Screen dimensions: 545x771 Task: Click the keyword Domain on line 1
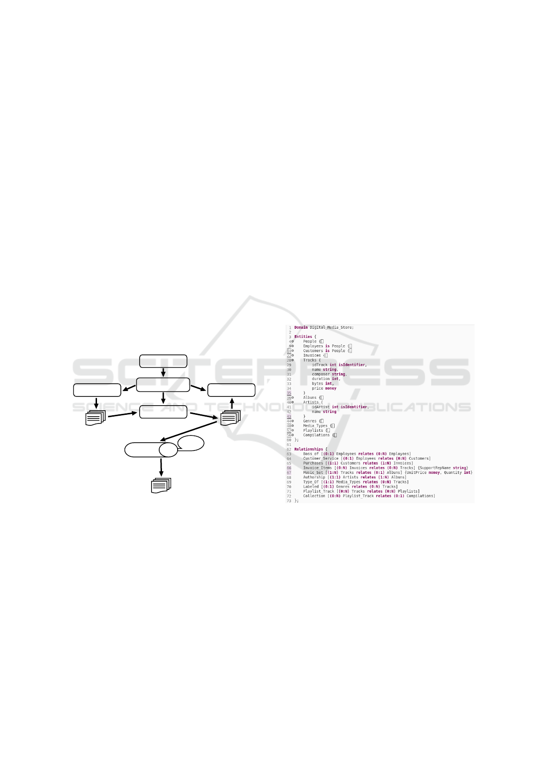point(301,327)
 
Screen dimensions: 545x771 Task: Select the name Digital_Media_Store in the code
point(331,327)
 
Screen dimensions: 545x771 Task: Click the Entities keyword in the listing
point(303,337)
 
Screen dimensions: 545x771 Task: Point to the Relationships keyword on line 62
point(308,449)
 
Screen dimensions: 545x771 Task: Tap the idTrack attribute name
point(320,365)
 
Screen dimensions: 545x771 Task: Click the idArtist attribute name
point(321,407)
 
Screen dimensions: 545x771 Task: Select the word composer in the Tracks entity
point(321,374)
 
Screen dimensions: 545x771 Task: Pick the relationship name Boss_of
point(311,454)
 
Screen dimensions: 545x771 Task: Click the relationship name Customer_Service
point(321,458)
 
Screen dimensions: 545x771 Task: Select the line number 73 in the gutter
point(289,501)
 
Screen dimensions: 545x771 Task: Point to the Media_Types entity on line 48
point(315,426)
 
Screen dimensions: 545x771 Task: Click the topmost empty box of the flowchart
point(163,361)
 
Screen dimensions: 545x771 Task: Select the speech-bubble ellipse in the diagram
point(191,443)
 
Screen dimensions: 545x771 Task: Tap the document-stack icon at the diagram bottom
point(161,485)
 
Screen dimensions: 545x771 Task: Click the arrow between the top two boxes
point(163,373)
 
